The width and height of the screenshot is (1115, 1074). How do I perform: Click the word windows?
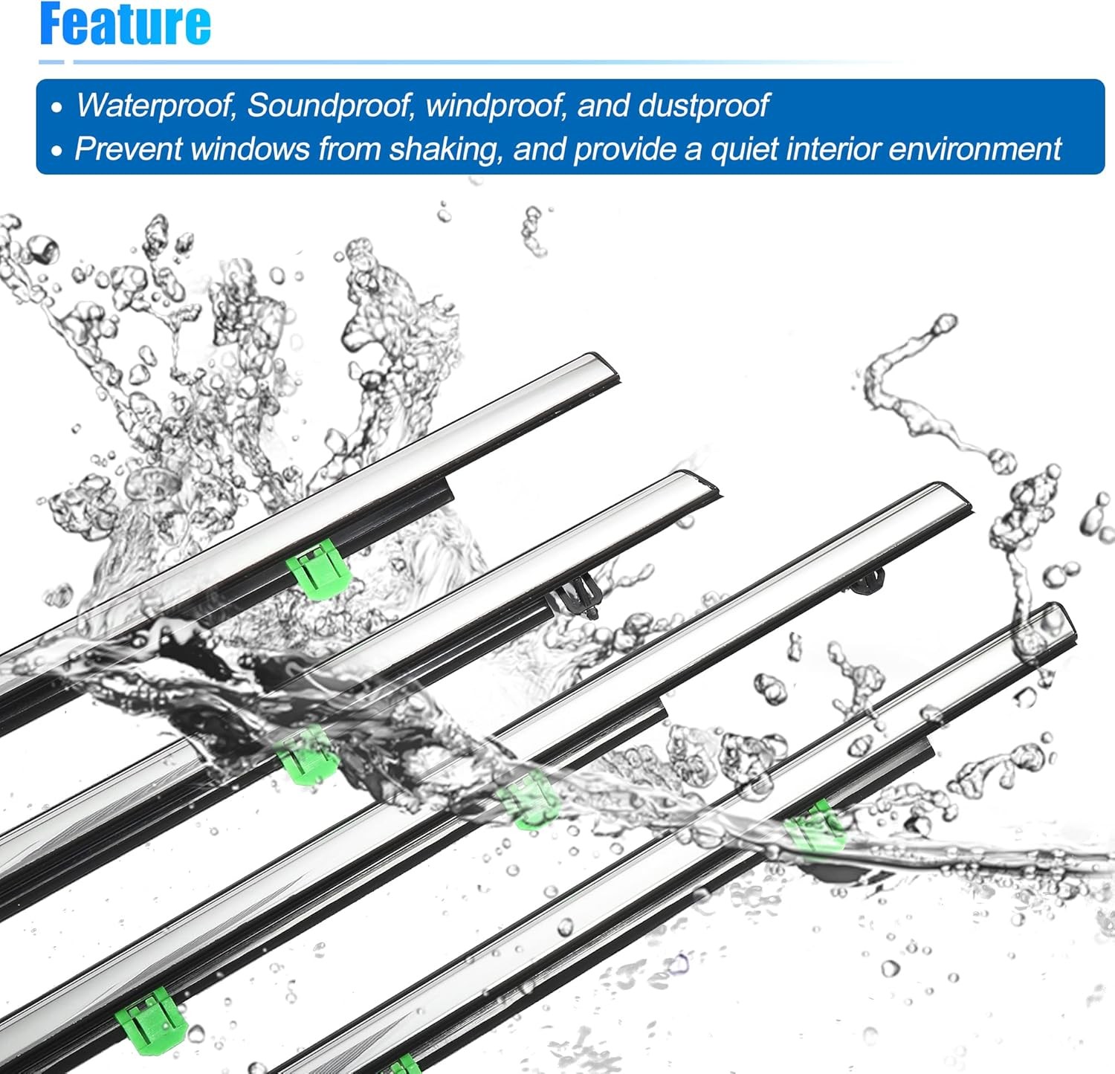tap(251, 149)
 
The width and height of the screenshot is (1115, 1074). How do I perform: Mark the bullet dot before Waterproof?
tap(57, 108)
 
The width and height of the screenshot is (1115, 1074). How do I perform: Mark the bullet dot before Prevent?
tap(57, 151)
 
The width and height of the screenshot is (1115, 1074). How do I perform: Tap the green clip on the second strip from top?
tap(307, 754)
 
